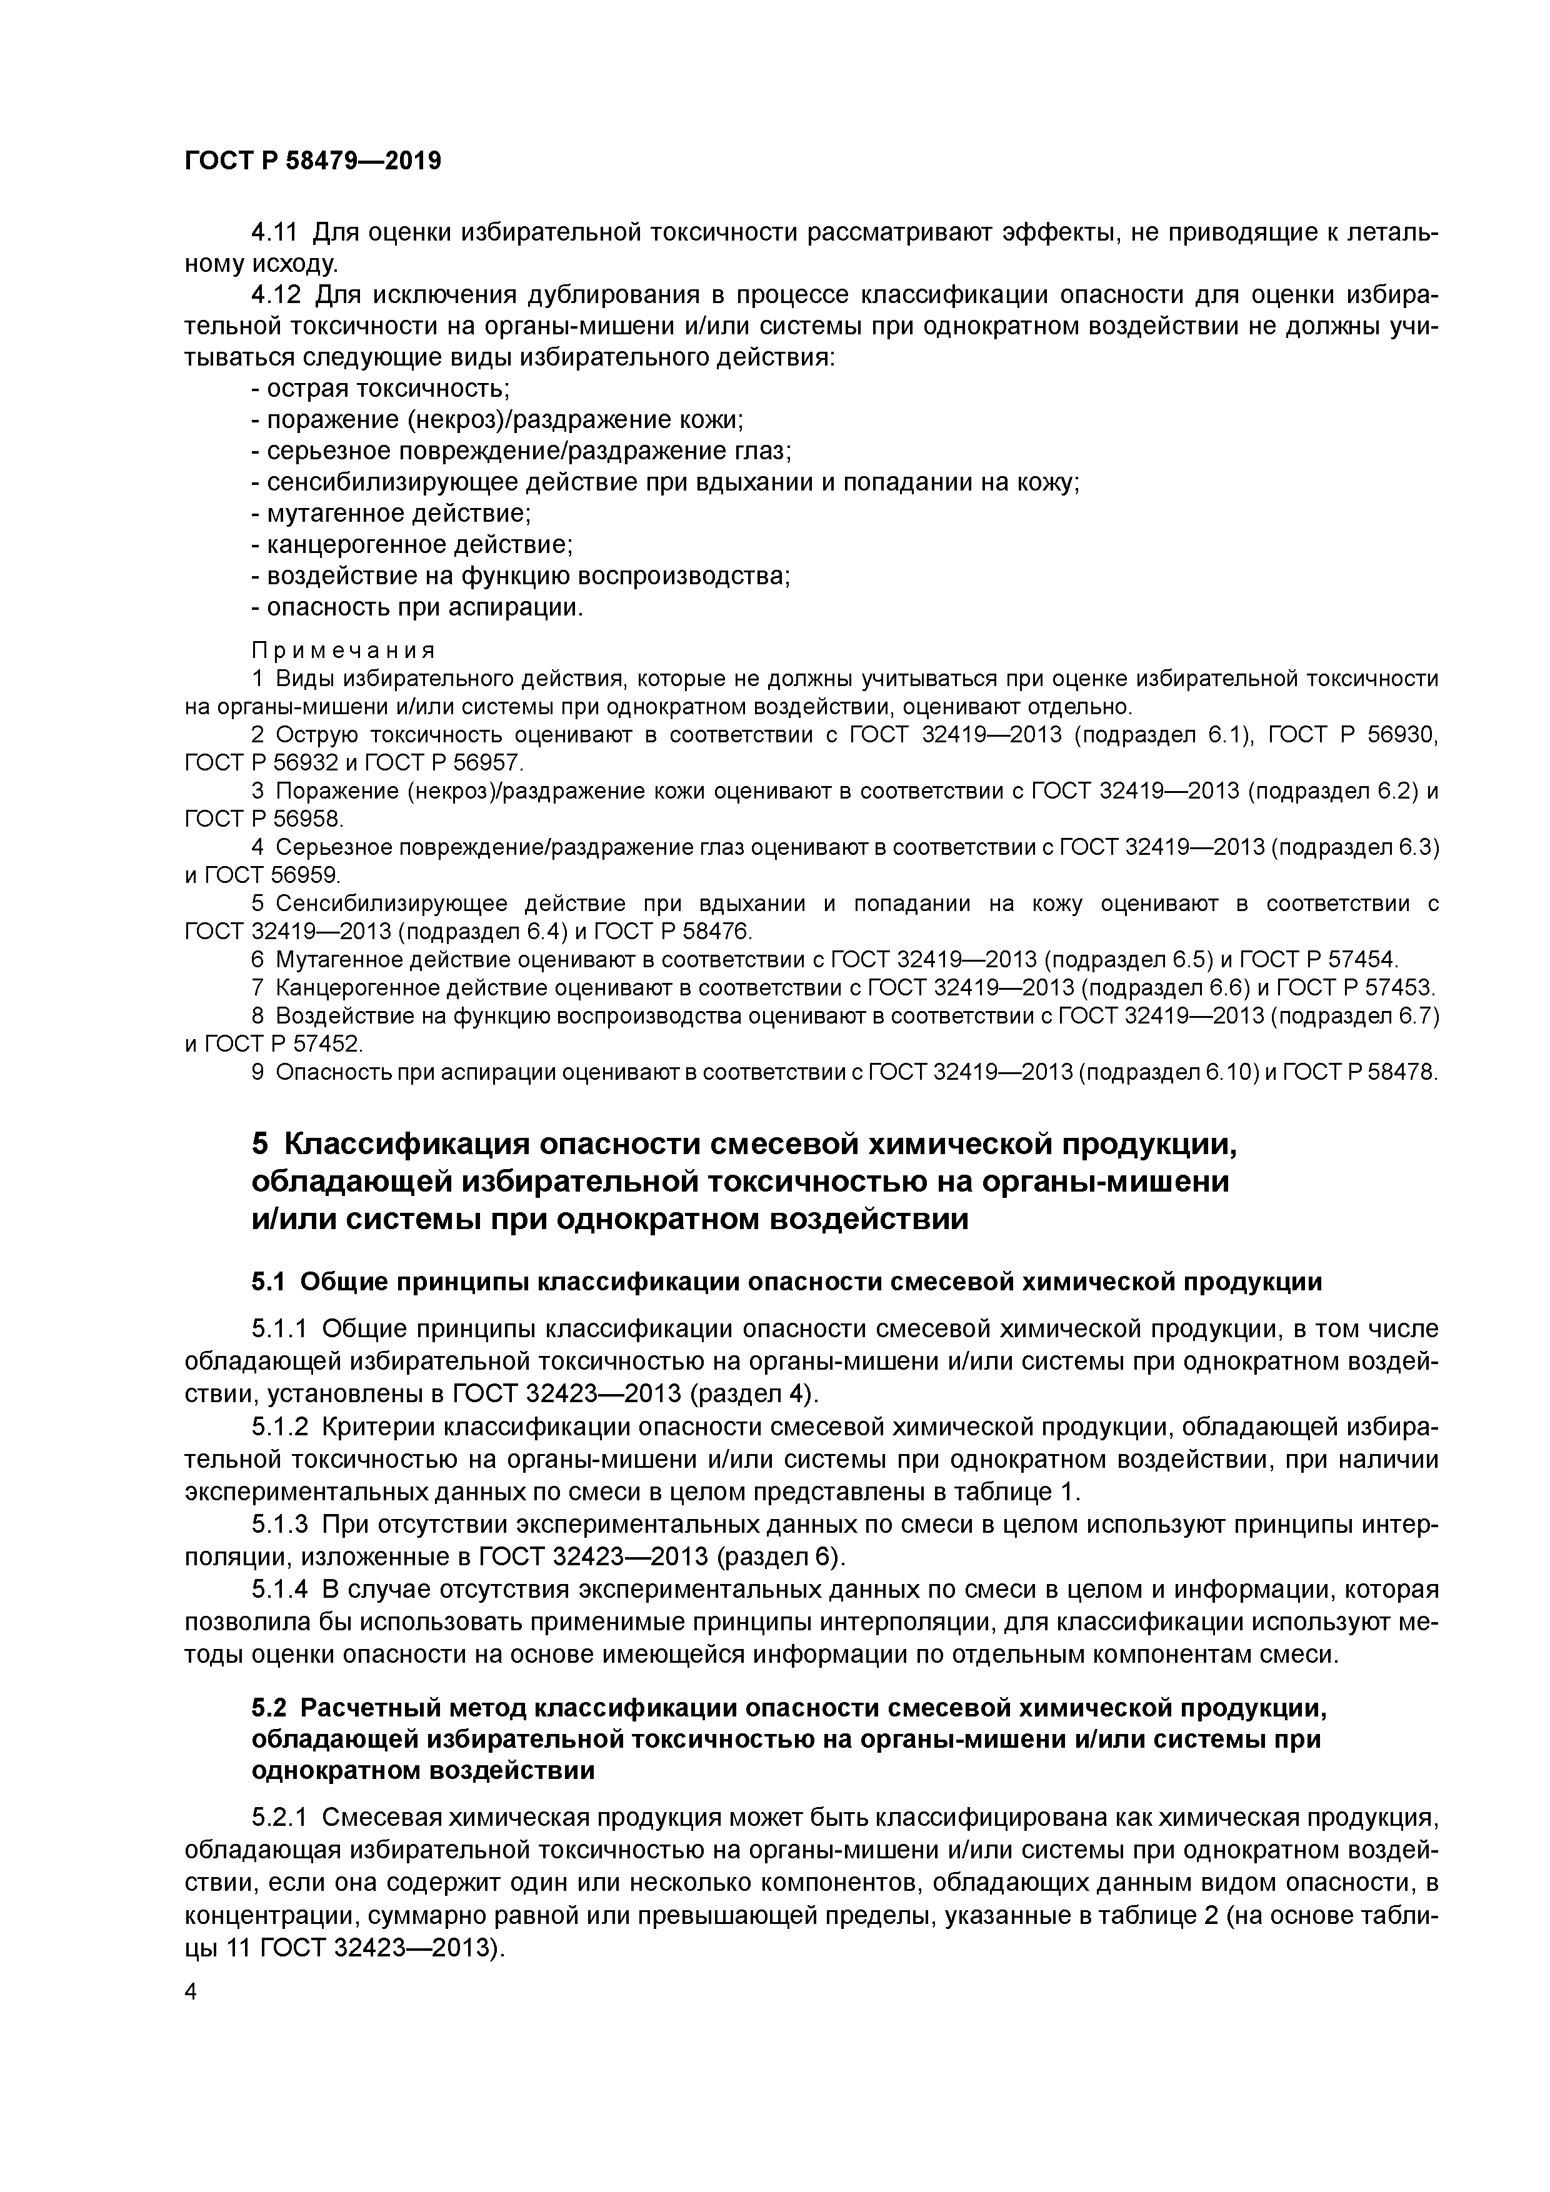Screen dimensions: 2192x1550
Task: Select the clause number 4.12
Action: pyautogui.click(x=275, y=295)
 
